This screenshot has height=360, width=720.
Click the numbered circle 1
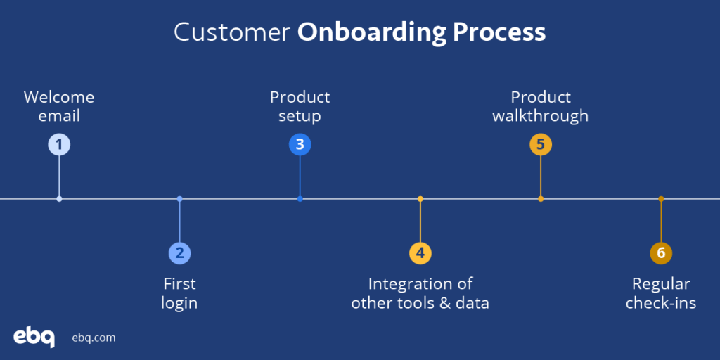pos(59,145)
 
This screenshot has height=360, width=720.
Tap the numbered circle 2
pos(180,253)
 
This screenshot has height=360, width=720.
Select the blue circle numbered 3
pos(300,145)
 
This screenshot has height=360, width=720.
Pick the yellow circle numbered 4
pos(420,253)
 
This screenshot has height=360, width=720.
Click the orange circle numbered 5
pos(541,145)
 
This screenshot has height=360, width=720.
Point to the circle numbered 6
pos(661,253)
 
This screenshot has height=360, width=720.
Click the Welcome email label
pos(59,106)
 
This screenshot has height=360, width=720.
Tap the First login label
pos(180,293)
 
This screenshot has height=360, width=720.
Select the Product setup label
pos(300,106)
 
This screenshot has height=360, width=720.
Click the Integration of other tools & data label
pos(420,293)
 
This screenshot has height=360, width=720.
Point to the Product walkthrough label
pos(541,106)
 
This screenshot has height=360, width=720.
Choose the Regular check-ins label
pos(661,293)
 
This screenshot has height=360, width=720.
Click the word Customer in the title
pos(232,32)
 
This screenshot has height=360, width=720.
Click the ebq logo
pos(34,337)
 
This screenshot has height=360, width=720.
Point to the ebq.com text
pos(94,337)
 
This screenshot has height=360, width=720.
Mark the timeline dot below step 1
pos(59,199)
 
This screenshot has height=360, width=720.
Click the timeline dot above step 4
pos(420,199)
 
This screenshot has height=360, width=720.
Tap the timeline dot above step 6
pos(661,199)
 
